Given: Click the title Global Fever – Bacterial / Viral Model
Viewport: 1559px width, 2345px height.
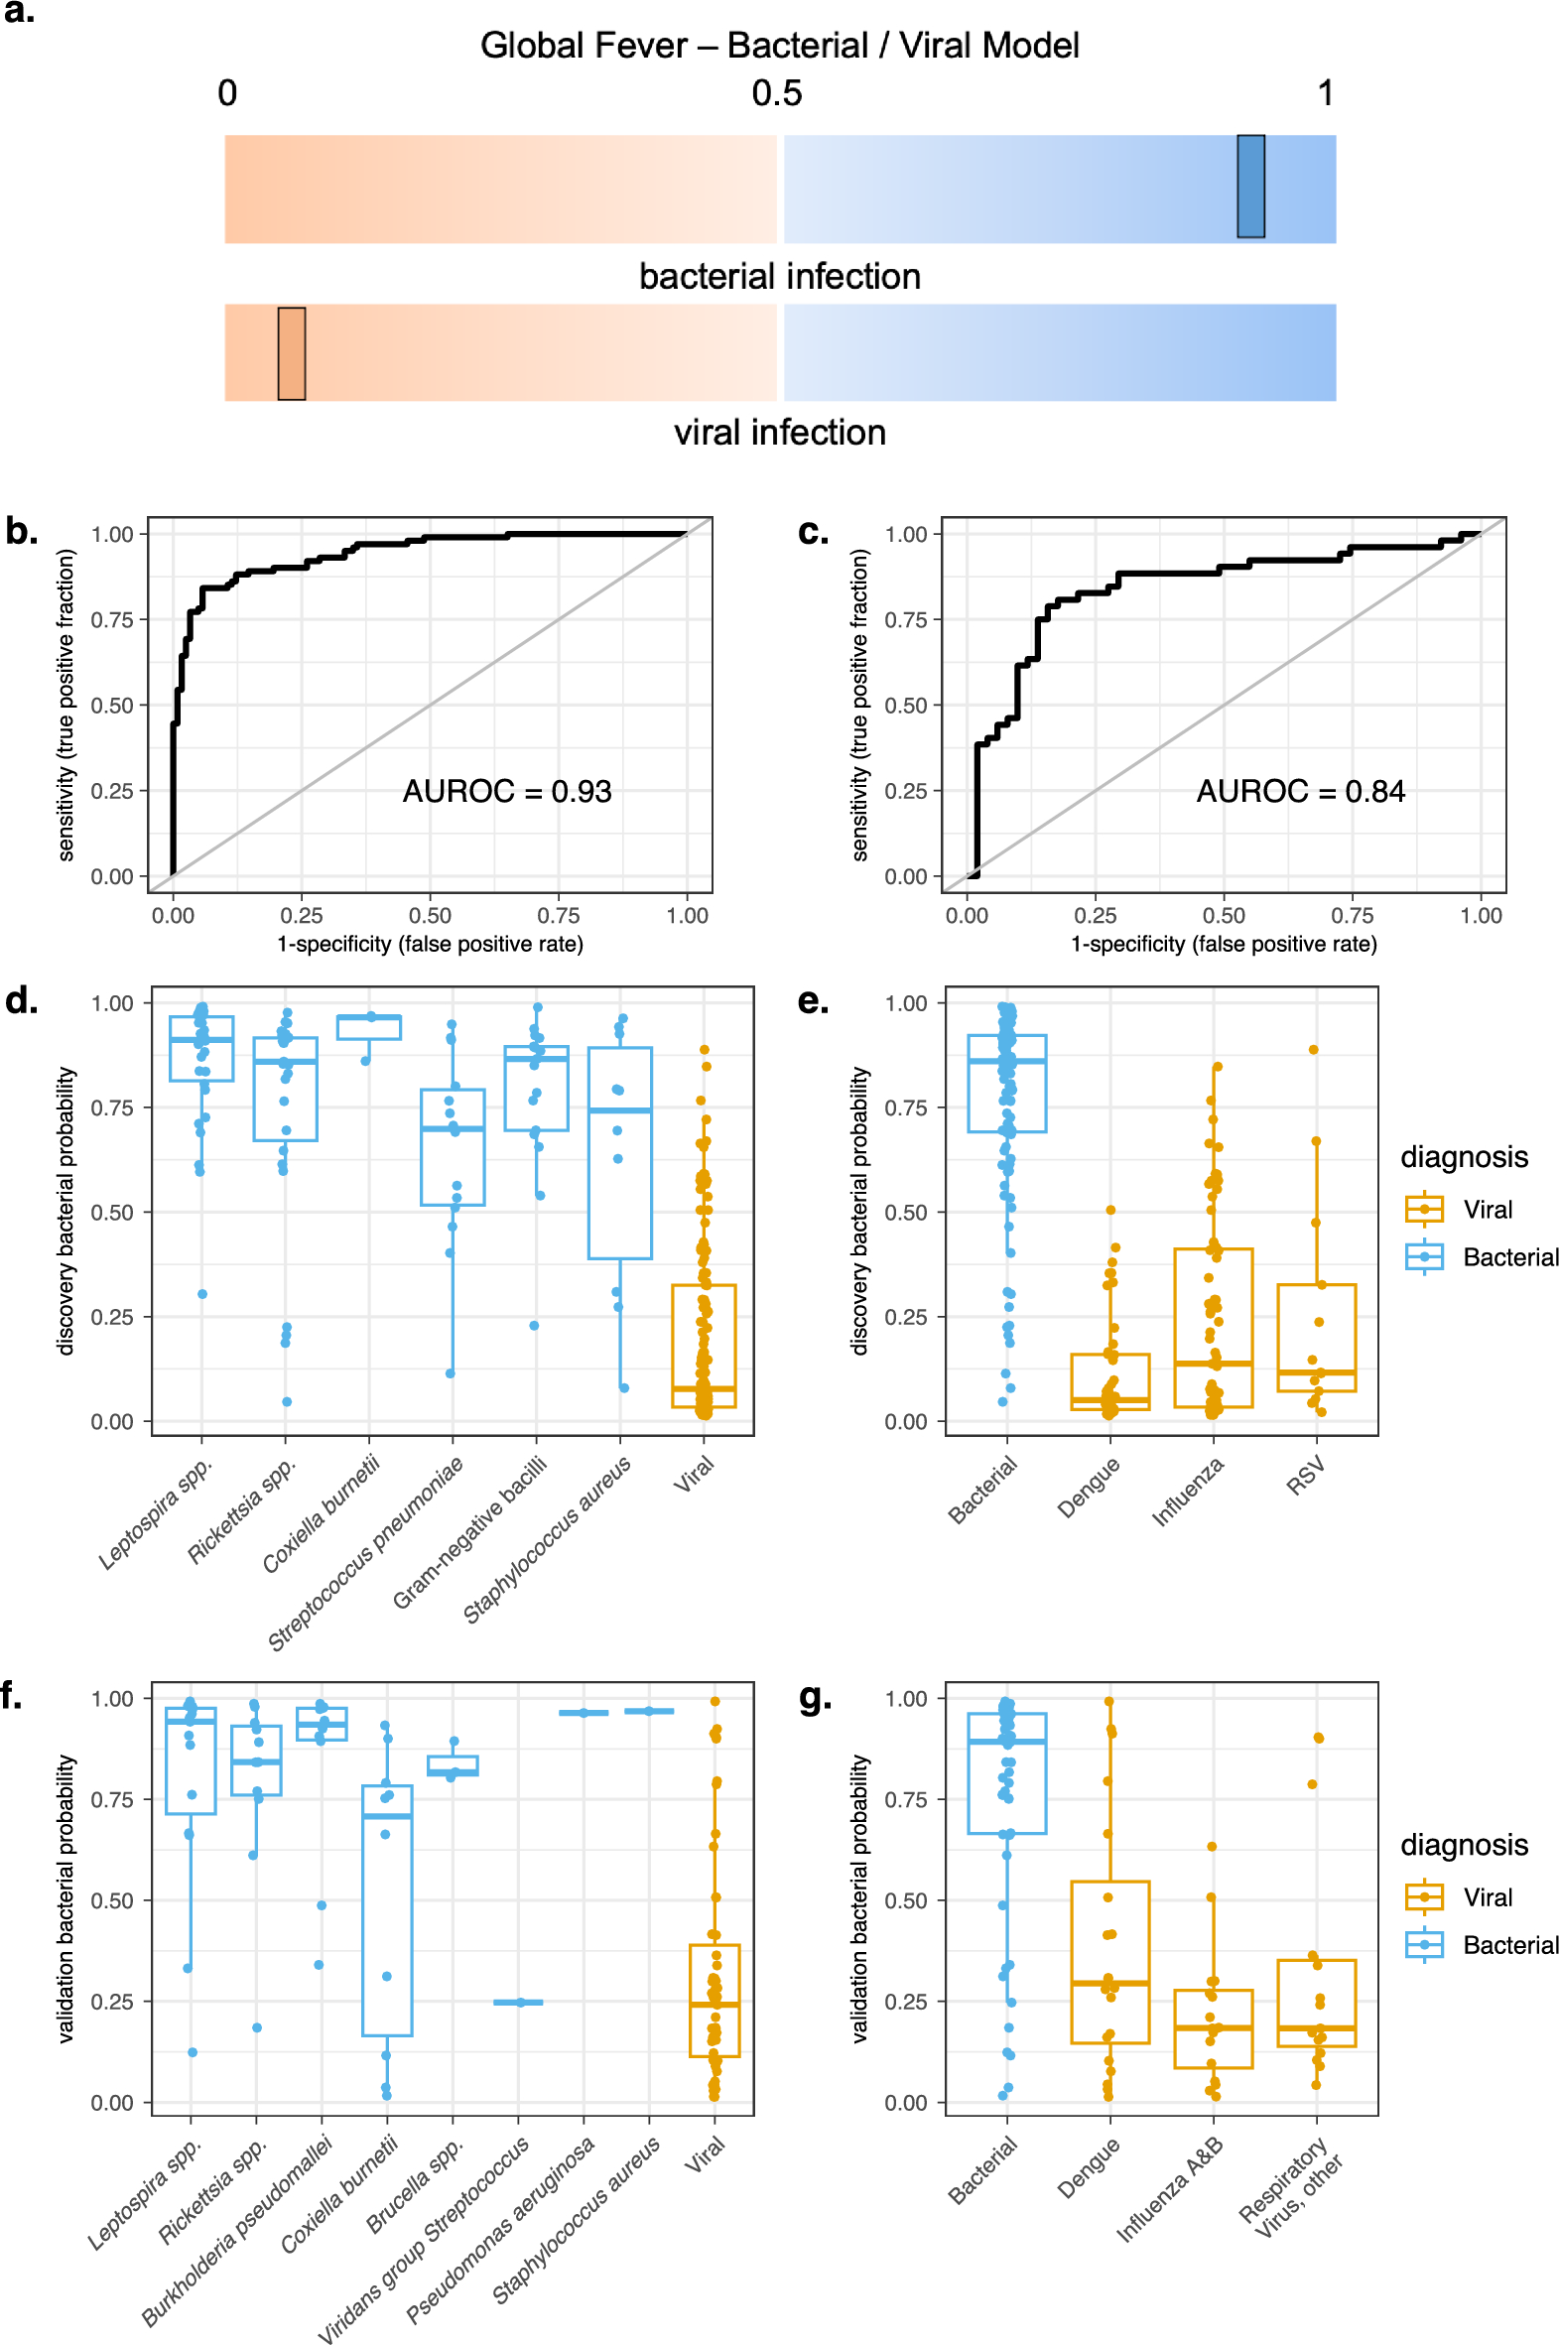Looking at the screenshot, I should tap(780, 46).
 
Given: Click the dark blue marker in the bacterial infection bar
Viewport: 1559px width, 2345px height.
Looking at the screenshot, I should tap(1249, 187).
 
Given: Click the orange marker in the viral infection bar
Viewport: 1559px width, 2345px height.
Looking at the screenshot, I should tap(292, 354).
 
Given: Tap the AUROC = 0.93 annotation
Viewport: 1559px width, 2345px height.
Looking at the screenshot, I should tap(507, 791).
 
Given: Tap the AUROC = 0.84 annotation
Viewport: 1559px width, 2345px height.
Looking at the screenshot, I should tap(1301, 791).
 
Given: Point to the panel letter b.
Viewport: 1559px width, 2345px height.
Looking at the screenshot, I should tap(22, 532).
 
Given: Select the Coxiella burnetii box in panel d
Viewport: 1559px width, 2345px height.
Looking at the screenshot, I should tap(369, 1027).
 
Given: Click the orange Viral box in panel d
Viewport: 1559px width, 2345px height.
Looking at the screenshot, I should tap(704, 1345).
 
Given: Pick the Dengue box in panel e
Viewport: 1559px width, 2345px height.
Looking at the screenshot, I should tap(1109, 1380).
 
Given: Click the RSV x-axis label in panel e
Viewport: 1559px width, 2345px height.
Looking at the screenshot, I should tap(1307, 1476).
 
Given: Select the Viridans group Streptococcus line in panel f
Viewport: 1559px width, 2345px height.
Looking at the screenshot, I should tap(518, 2002).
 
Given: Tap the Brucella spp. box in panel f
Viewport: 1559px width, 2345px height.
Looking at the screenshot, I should tap(453, 1765).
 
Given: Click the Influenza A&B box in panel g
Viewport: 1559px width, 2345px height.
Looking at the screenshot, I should tap(1213, 2028).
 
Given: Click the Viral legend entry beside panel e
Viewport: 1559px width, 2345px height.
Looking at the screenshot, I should tap(1488, 1210).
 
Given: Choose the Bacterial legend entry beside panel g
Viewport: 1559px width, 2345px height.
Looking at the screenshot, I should tap(1509, 1945).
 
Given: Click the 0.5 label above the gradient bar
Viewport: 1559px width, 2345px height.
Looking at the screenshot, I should tap(776, 93).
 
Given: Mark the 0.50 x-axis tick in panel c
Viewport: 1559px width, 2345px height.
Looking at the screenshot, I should tap(1223, 916).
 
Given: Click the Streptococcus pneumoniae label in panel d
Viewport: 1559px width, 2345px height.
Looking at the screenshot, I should tap(366, 1552).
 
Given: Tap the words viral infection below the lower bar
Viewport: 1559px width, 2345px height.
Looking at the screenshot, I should tap(780, 433).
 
